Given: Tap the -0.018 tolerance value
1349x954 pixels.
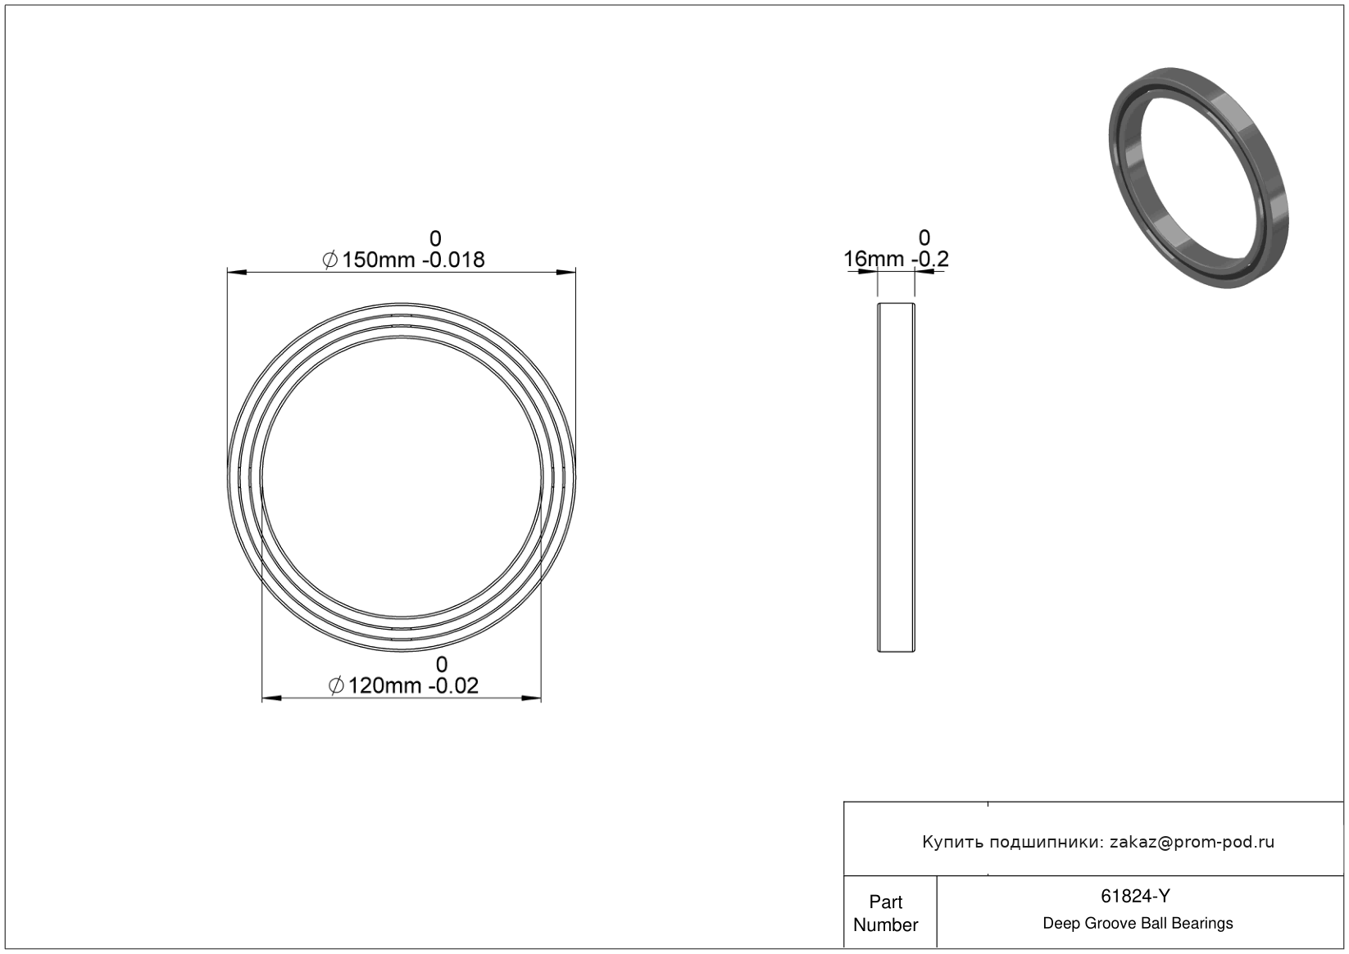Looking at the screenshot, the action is click(x=453, y=260).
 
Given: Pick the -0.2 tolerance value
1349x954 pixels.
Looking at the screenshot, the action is click(x=930, y=260).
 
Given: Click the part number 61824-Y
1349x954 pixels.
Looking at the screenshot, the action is click(x=1135, y=896).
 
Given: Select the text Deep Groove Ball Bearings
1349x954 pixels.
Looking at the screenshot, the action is click(x=1138, y=924).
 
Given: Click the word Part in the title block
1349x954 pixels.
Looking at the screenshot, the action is click(x=885, y=902).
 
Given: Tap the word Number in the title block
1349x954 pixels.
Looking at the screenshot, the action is click(x=885, y=925).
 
